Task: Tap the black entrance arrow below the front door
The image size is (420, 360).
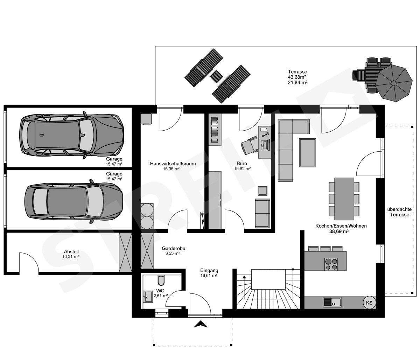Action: (x=201, y=325)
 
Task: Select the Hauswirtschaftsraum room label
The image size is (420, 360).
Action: (x=173, y=164)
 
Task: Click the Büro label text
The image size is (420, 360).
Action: (x=242, y=164)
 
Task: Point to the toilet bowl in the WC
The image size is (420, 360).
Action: (x=161, y=280)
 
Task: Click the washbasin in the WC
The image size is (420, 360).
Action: (x=148, y=296)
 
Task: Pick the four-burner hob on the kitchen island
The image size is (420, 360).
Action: (x=331, y=263)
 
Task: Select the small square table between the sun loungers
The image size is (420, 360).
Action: (x=216, y=75)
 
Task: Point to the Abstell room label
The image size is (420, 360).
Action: (x=71, y=251)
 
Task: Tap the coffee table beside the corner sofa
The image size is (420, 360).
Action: (x=307, y=152)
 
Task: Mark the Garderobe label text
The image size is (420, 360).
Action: (x=173, y=248)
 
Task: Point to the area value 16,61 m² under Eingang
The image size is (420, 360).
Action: (x=209, y=276)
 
